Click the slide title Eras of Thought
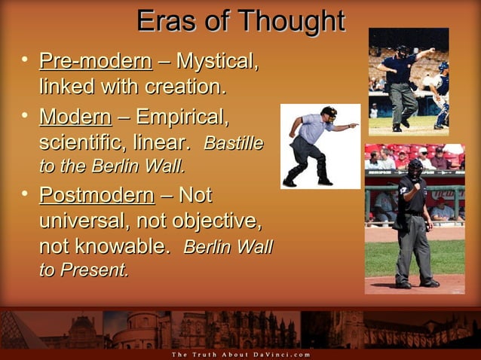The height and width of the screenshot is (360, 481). coord(240,20)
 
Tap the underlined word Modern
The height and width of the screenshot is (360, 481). coord(75,117)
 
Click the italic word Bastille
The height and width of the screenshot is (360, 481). coord(233,142)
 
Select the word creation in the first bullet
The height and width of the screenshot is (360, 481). coord(185,87)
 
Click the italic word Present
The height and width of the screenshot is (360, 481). coord(95,270)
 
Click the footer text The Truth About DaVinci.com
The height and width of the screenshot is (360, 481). coord(240,354)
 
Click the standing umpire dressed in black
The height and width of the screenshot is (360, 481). coord(413,226)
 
